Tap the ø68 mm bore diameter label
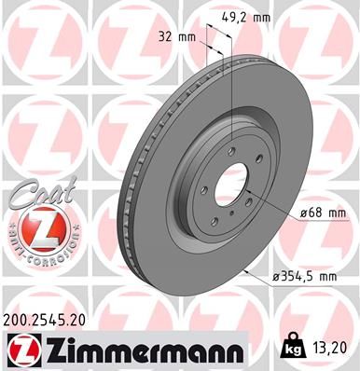[323, 213]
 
